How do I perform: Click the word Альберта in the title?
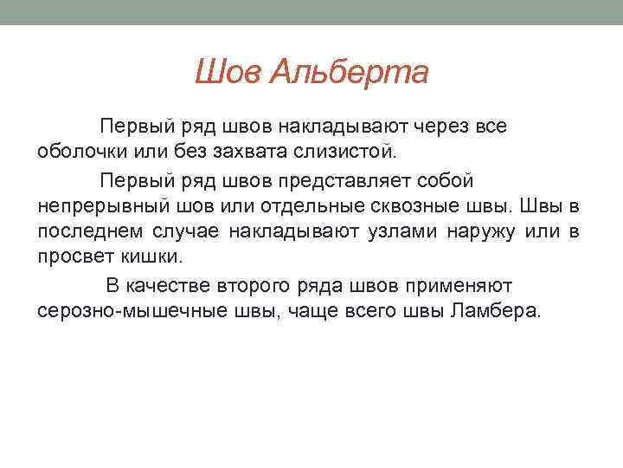349,73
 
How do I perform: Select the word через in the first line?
440,127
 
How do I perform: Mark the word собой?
444,180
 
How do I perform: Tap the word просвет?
73,257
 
